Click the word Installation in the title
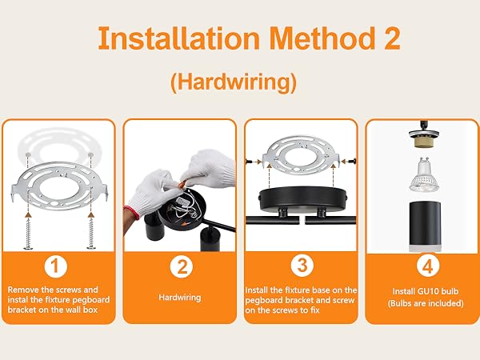coord(178,38)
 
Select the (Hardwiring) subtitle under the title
coord(234,82)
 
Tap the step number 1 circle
coord(55,266)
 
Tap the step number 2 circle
coord(182,266)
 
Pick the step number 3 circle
coord(302,265)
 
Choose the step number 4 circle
coord(428,266)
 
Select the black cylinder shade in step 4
coord(426,226)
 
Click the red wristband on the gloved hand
coord(132,213)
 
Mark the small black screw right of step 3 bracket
coord(353,161)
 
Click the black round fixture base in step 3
coord(302,199)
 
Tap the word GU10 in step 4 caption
coord(429,291)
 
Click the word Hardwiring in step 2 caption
coord(180,298)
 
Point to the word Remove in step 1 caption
coord(23,290)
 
